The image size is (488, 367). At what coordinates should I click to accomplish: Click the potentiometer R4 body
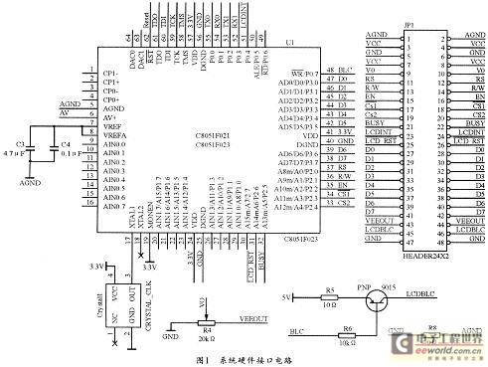pos(207,321)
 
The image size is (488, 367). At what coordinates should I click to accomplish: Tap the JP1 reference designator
pos(408,26)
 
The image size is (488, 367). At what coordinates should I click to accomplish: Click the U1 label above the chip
pos(289,43)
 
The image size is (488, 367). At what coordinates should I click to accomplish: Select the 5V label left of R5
pos(287,296)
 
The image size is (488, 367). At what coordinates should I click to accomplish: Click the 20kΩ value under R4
pos(208,338)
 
